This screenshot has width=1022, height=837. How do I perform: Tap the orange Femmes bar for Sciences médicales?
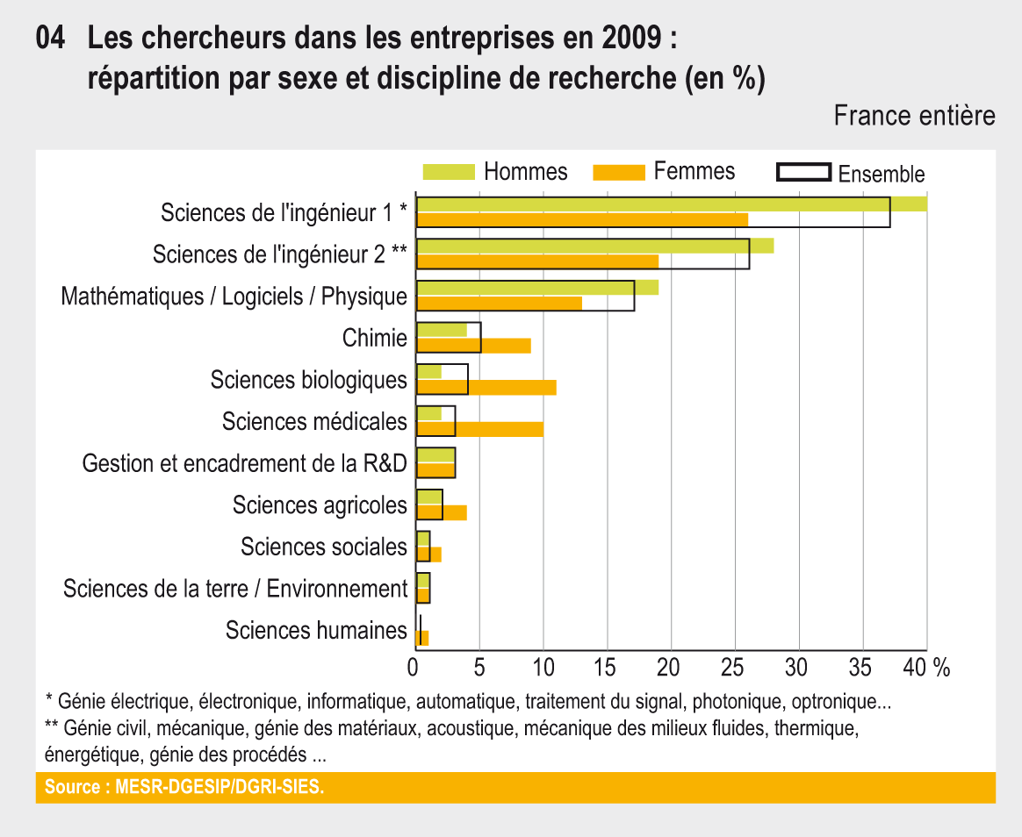tap(500, 429)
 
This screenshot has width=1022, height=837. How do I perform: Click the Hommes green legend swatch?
tap(449, 171)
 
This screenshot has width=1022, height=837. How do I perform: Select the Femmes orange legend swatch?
tap(619, 171)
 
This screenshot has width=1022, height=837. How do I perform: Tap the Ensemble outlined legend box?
tap(803, 171)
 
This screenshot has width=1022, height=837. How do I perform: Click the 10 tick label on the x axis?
tap(543, 667)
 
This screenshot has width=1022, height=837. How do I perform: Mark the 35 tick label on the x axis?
tap(862, 667)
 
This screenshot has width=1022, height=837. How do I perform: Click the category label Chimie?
tap(375, 338)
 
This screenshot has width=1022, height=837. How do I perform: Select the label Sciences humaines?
tap(316, 630)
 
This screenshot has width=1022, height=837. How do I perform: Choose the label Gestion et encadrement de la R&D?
tap(245, 463)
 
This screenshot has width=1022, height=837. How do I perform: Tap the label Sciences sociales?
tap(324, 547)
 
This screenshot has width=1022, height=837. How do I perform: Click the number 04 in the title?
tap(52, 39)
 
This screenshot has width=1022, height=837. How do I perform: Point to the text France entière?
tap(914, 115)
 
